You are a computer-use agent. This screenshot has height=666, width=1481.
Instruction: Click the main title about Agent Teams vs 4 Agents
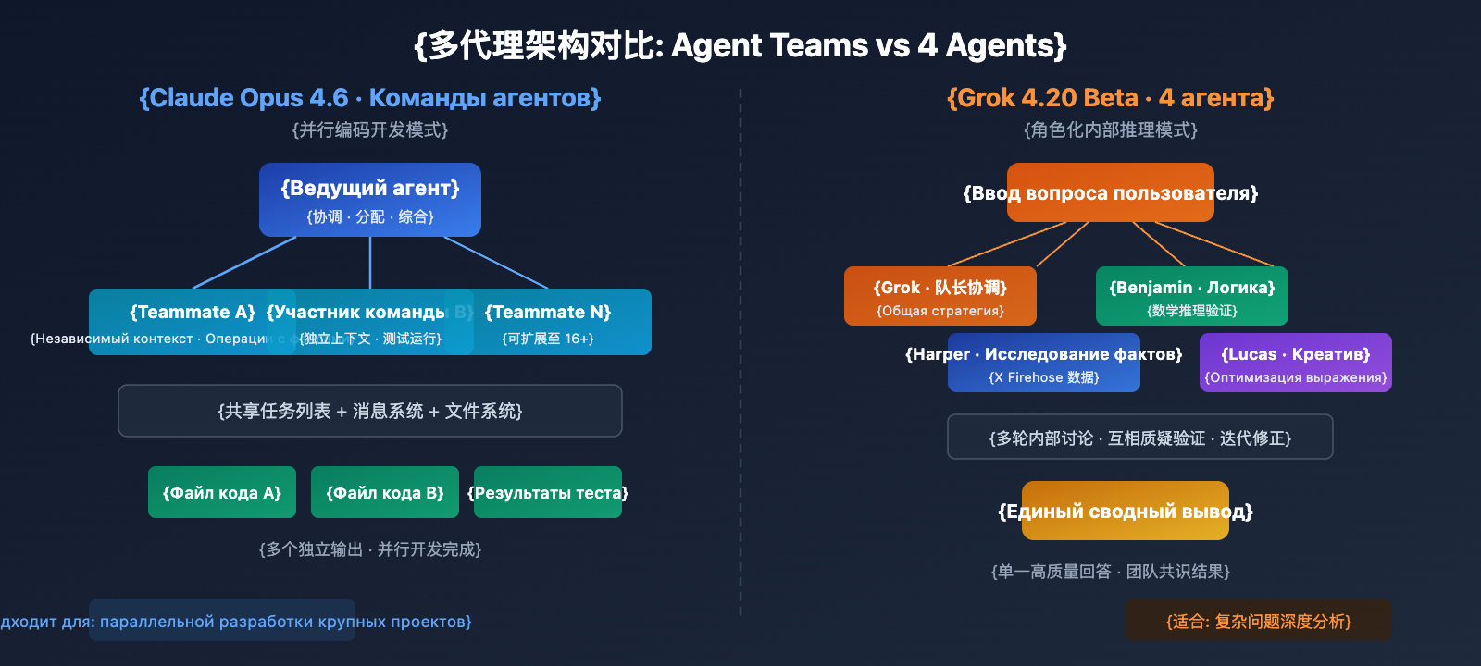740,45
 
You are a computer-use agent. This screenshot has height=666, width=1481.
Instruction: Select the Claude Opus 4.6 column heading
370,98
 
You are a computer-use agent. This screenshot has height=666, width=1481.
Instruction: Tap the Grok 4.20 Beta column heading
1110,98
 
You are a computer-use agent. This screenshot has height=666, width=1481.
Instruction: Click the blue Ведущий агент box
370,200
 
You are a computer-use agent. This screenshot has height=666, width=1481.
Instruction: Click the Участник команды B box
370,322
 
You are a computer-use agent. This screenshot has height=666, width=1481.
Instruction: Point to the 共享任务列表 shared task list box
370,411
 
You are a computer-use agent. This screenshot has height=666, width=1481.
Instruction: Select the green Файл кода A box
222,492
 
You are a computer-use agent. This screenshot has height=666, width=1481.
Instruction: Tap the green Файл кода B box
385,492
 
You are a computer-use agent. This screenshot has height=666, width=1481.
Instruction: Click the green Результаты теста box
548,492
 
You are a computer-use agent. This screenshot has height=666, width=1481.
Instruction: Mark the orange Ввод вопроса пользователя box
1110,192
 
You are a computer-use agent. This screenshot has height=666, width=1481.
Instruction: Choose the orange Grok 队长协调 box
940,296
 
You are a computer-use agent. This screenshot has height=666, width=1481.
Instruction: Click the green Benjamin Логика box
1192,296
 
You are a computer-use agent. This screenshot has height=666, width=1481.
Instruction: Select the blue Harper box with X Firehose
1044,363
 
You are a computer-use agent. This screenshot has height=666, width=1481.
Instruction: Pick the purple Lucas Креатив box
1296,363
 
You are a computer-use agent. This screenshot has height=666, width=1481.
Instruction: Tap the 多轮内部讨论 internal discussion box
1140,437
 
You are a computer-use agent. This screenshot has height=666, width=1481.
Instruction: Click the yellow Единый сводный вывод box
1126,511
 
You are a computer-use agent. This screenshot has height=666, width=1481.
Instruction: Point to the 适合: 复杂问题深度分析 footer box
1259,621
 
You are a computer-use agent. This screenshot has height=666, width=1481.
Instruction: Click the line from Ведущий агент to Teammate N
497,263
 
